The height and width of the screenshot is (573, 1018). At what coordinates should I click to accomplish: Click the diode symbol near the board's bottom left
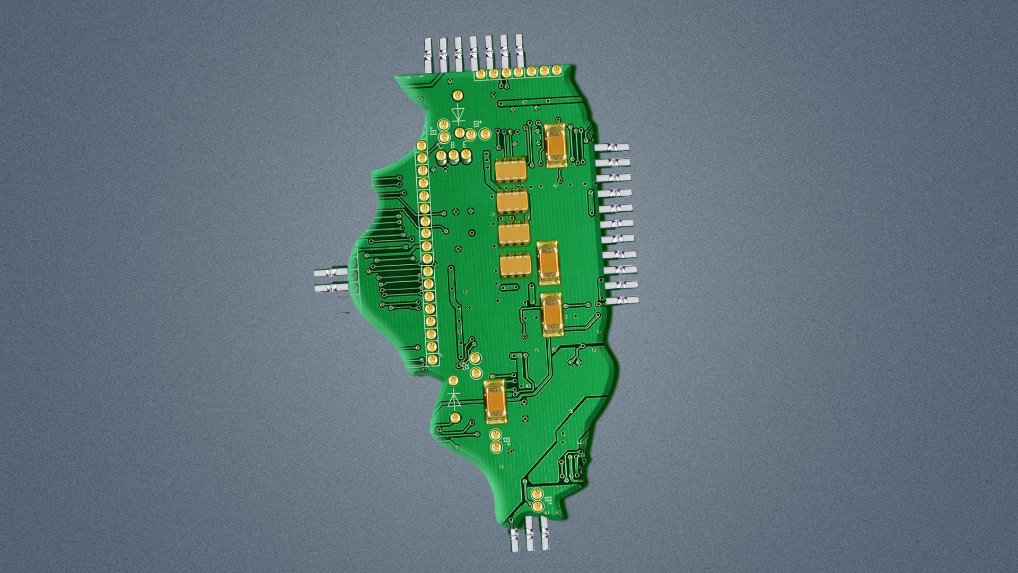(x=454, y=398)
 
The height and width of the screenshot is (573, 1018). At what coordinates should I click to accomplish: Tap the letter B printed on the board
(x=452, y=145)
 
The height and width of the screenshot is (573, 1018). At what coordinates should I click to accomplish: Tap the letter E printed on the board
(x=465, y=144)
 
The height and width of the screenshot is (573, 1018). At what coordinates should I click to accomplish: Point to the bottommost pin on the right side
(x=622, y=301)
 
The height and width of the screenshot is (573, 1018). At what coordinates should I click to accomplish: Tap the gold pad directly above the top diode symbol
(x=457, y=95)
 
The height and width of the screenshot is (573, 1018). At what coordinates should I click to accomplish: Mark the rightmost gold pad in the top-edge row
(x=556, y=71)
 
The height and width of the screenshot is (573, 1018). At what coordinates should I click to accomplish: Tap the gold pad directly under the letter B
(x=454, y=155)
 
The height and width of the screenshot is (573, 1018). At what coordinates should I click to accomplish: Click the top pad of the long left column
(x=422, y=146)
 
